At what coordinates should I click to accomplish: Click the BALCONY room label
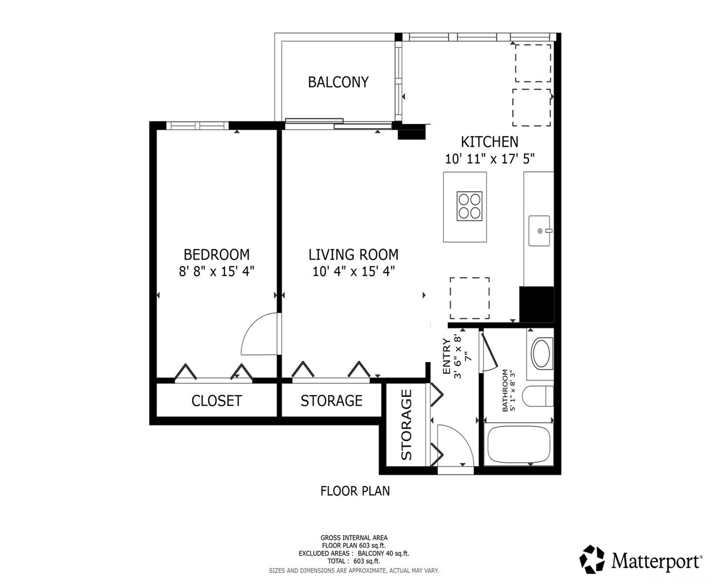(338, 82)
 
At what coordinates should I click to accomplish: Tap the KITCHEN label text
(489, 142)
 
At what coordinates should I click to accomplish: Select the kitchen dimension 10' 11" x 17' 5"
(489, 159)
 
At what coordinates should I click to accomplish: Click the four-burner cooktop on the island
(469, 206)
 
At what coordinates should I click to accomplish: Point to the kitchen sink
(539, 231)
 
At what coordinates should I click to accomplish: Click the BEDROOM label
(216, 255)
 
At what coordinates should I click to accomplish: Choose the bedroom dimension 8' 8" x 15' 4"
(216, 271)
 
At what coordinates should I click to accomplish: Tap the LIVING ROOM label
(353, 255)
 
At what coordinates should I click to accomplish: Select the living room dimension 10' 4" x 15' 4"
(353, 271)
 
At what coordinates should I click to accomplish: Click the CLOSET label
(216, 401)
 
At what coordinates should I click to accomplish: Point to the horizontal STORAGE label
(331, 401)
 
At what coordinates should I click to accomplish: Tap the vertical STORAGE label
(406, 425)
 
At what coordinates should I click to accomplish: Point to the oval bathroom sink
(541, 353)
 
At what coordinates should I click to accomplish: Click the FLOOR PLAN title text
(355, 491)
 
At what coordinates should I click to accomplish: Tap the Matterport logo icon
(592, 559)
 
